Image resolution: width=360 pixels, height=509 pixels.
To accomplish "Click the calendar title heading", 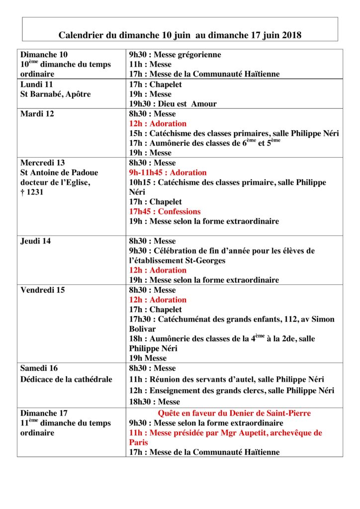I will point(180,35).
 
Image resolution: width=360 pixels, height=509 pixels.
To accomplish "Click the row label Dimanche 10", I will point(44,55).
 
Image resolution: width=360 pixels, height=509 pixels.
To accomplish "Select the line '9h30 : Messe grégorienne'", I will point(175,55).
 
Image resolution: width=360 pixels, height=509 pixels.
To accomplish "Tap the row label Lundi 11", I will point(36,84).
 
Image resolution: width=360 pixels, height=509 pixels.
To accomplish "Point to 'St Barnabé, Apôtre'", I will point(56,94).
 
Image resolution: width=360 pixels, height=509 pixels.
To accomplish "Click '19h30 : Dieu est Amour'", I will point(173,104).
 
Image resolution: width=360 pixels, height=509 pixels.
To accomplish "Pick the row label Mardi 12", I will point(37,113).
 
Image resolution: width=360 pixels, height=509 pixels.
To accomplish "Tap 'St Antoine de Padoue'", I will point(59,172).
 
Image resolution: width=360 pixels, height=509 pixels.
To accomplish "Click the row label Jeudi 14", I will point(35,241).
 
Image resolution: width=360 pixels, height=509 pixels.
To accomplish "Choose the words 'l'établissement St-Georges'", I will point(177,260).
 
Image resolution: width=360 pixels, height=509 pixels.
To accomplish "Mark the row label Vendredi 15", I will point(42,290).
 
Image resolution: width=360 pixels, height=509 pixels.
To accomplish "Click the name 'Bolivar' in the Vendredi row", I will point(143,329).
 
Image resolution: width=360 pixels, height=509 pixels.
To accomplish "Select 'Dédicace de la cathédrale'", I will point(66,379).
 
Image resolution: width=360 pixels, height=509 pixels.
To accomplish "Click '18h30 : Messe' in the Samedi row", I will point(154,402).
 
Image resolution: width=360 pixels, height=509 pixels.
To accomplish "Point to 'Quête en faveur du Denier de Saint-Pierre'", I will point(234,413).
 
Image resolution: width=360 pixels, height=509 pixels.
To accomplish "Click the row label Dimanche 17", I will point(44,413).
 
